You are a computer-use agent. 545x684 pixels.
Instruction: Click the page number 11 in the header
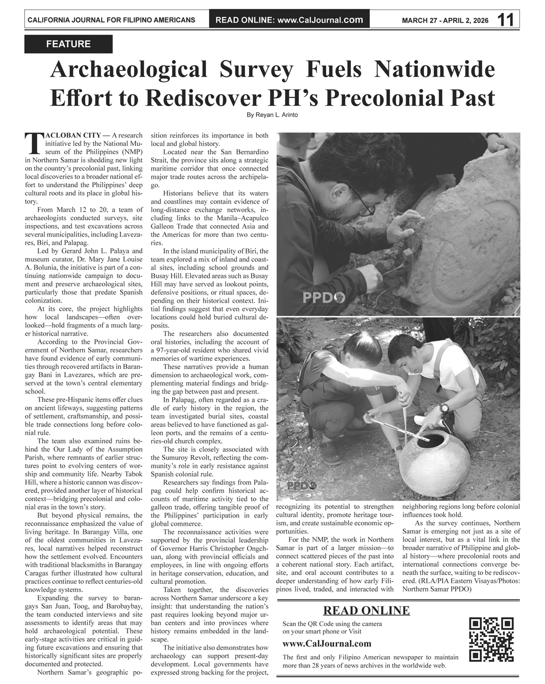pyautogui.click(x=505, y=20)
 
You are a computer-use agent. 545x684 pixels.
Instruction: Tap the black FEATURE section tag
pyautogui.click(x=68, y=44)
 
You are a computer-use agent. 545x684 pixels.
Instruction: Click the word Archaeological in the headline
pyautogui.click(x=128, y=70)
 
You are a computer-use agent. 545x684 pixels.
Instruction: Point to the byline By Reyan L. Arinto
pyautogui.click(x=272, y=115)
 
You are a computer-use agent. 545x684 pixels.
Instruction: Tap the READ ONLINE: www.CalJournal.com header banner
pyautogui.click(x=289, y=20)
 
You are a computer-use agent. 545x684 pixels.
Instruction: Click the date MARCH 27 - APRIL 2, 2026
pyautogui.click(x=445, y=21)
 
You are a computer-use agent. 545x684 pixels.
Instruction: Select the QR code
pyautogui.click(x=492, y=639)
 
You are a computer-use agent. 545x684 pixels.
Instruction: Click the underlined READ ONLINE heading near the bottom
pyautogui.click(x=366, y=611)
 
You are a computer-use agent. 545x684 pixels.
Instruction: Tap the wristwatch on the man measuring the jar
pyautogui.click(x=444, y=409)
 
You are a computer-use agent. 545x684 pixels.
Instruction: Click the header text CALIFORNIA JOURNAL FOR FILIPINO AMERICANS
pyautogui.click(x=111, y=21)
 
